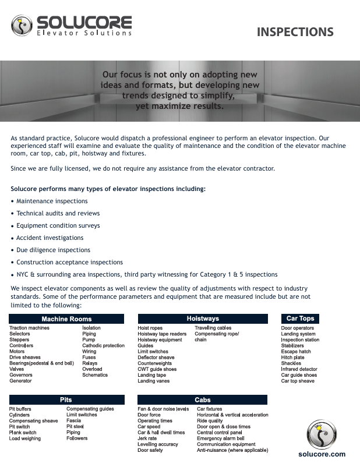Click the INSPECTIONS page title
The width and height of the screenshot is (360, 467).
[295, 32]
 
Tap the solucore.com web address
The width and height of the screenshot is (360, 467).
[322, 454]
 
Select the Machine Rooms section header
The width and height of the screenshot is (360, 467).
[66, 319]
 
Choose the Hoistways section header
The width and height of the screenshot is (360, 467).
[203, 319]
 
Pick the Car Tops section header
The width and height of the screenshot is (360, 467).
[300, 319]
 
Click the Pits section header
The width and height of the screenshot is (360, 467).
[66, 400]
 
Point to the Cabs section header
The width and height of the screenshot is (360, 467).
[203, 400]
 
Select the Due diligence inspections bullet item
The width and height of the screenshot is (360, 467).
[53, 250]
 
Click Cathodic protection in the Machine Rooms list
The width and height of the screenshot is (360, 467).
[103, 346]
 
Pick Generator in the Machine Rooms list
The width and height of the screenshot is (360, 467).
[20, 381]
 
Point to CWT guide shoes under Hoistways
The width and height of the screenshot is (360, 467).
[157, 369]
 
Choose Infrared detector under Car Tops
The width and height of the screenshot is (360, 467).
[299, 369]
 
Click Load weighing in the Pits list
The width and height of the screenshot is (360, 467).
[25, 438]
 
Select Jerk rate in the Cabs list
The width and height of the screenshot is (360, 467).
[147, 438]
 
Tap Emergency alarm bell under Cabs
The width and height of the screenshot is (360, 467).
[220, 438]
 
